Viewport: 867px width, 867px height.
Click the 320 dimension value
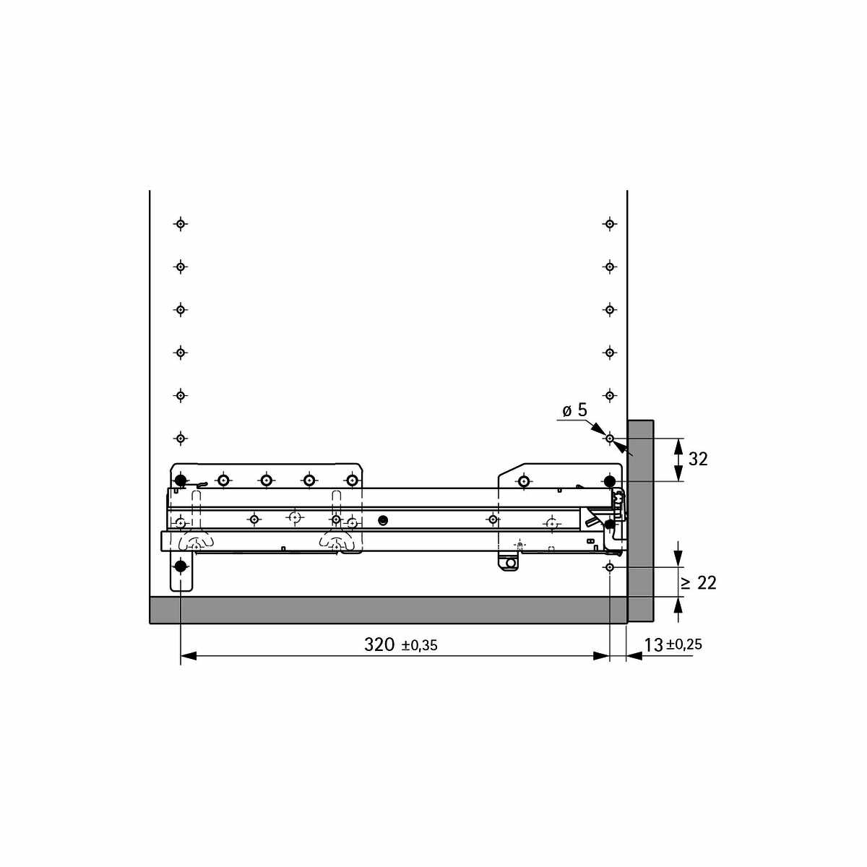pyautogui.click(x=379, y=644)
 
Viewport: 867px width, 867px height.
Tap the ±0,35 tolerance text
pyautogui.click(x=419, y=646)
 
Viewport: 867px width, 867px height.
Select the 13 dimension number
pyautogui.click(x=653, y=645)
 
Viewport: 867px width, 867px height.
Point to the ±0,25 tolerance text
pyautogui.click(x=684, y=644)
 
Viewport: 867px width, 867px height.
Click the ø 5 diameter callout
pyautogui.click(x=575, y=410)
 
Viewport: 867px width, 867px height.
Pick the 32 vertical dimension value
pyautogui.click(x=698, y=459)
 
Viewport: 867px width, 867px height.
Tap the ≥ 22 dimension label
pyautogui.click(x=699, y=583)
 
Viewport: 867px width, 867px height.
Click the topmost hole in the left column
pyautogui.click(x=181, y=223)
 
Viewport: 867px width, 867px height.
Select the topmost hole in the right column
pyautogui.click(x=610, y=223)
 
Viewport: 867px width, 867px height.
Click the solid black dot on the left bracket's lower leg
pyautogui.click(x=181, y=566)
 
